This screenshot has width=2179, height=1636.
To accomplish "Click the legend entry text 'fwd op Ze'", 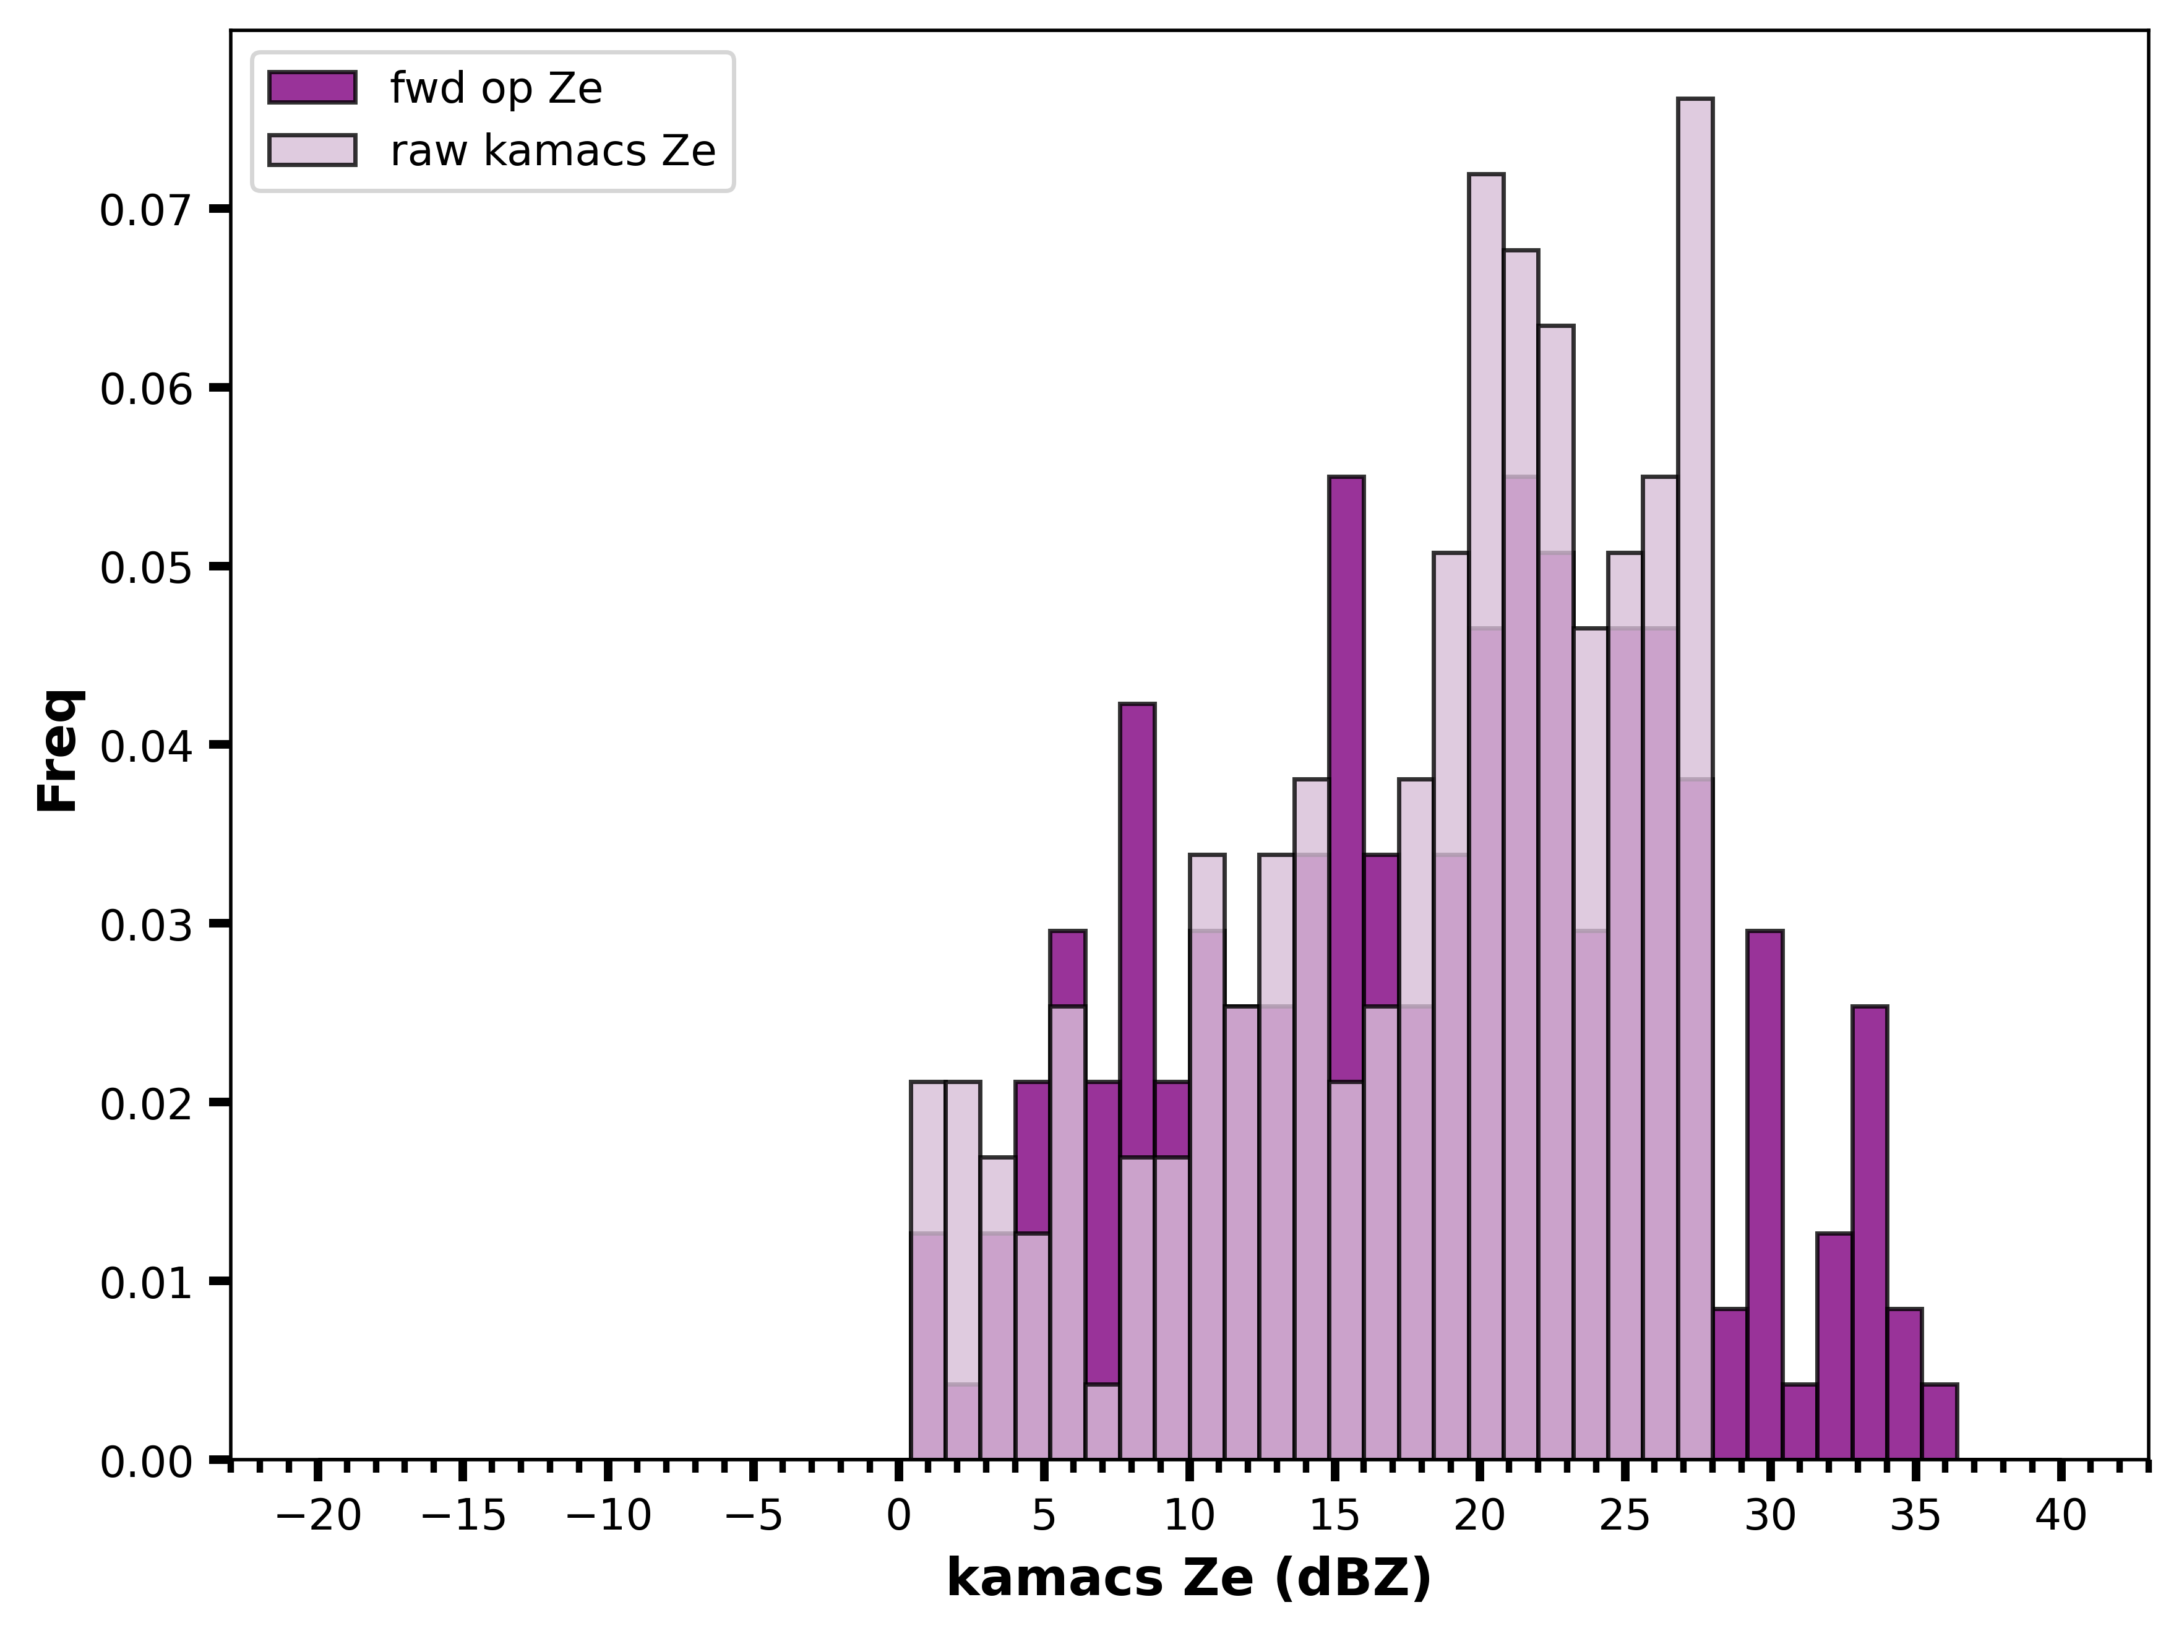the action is tap(496, 88).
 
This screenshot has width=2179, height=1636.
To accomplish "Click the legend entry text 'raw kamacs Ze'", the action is tap(552, 151).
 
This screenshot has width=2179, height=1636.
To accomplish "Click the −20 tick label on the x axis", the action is tap(318, 1517).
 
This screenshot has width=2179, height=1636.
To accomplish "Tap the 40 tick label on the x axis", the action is tap(2061, 1517).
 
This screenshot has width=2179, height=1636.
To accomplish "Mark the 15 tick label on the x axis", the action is tap(1334, 1517).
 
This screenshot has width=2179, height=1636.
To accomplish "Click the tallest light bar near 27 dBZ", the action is tap(1695, 778).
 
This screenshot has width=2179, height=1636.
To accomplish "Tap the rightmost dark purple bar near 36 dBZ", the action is tap(1938, 1421).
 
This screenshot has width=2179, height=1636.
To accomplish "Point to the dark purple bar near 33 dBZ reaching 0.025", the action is tap(1868, 1232).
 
